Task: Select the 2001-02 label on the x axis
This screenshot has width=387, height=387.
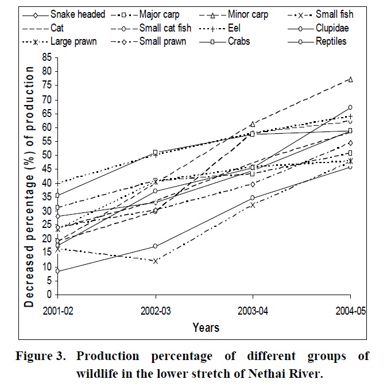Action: pyautogui.click(x=57, y=311)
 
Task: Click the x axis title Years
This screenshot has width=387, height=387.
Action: pyautogui.click(x=206, y=328)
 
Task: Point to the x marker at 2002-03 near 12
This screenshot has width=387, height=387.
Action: pyautogui.click(x=154, y=261)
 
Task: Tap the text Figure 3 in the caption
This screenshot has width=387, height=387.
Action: pyautogui.click(x=37, y=356)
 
